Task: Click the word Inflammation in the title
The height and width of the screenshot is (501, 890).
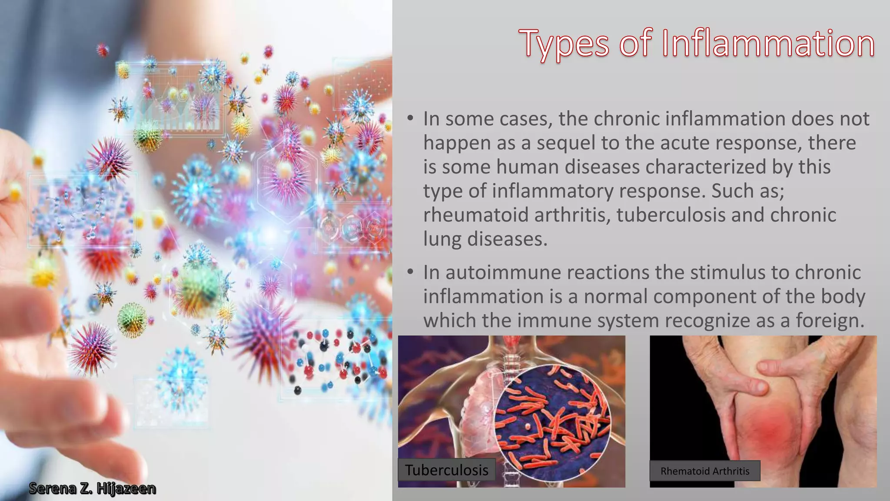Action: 768,43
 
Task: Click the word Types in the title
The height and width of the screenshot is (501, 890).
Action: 565,43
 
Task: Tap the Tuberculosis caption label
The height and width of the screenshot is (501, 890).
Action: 447,470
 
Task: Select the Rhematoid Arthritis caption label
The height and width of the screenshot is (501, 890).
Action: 705,471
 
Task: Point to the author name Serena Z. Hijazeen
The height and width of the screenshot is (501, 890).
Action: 92,488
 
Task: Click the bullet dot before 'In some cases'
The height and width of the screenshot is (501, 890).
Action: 410,118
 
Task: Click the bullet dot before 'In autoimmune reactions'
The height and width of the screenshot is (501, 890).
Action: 410,272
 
